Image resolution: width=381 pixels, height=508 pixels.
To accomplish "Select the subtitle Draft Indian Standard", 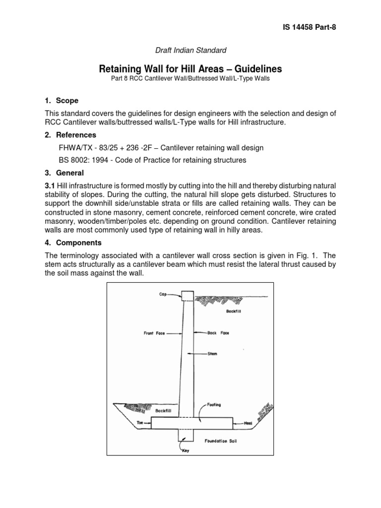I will pyautogui.click(x=191, y=50).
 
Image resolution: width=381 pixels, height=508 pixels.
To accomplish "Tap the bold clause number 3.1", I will pyautogui.click(x=51, y=186).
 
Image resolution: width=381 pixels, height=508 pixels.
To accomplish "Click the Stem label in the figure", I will pyautogui.click(x=213, y=354).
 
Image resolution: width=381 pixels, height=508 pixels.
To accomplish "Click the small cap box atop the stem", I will pyautogui.click(x=187, y=296).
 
